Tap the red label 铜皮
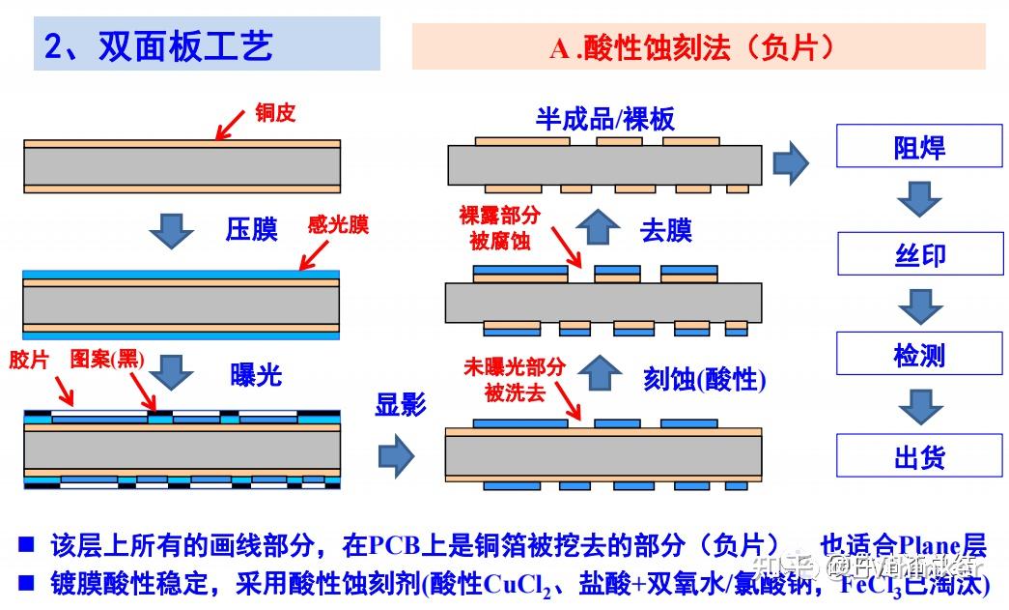click(274, 113)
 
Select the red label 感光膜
click(337, 225)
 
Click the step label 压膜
click(251, 229)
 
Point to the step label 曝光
click(256, 375)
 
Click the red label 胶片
click(28, 361)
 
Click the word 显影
click(401, 404)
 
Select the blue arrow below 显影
click(396, 455)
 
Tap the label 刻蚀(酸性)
click(704, 379)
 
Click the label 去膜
click(666, 231)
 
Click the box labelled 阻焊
click(918, 148)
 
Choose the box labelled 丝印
click(918, 254)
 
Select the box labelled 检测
click(918, 355)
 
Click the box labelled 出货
click(918, 456)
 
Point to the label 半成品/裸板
click(605, 119)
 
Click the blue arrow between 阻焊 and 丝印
click(918, 199)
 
